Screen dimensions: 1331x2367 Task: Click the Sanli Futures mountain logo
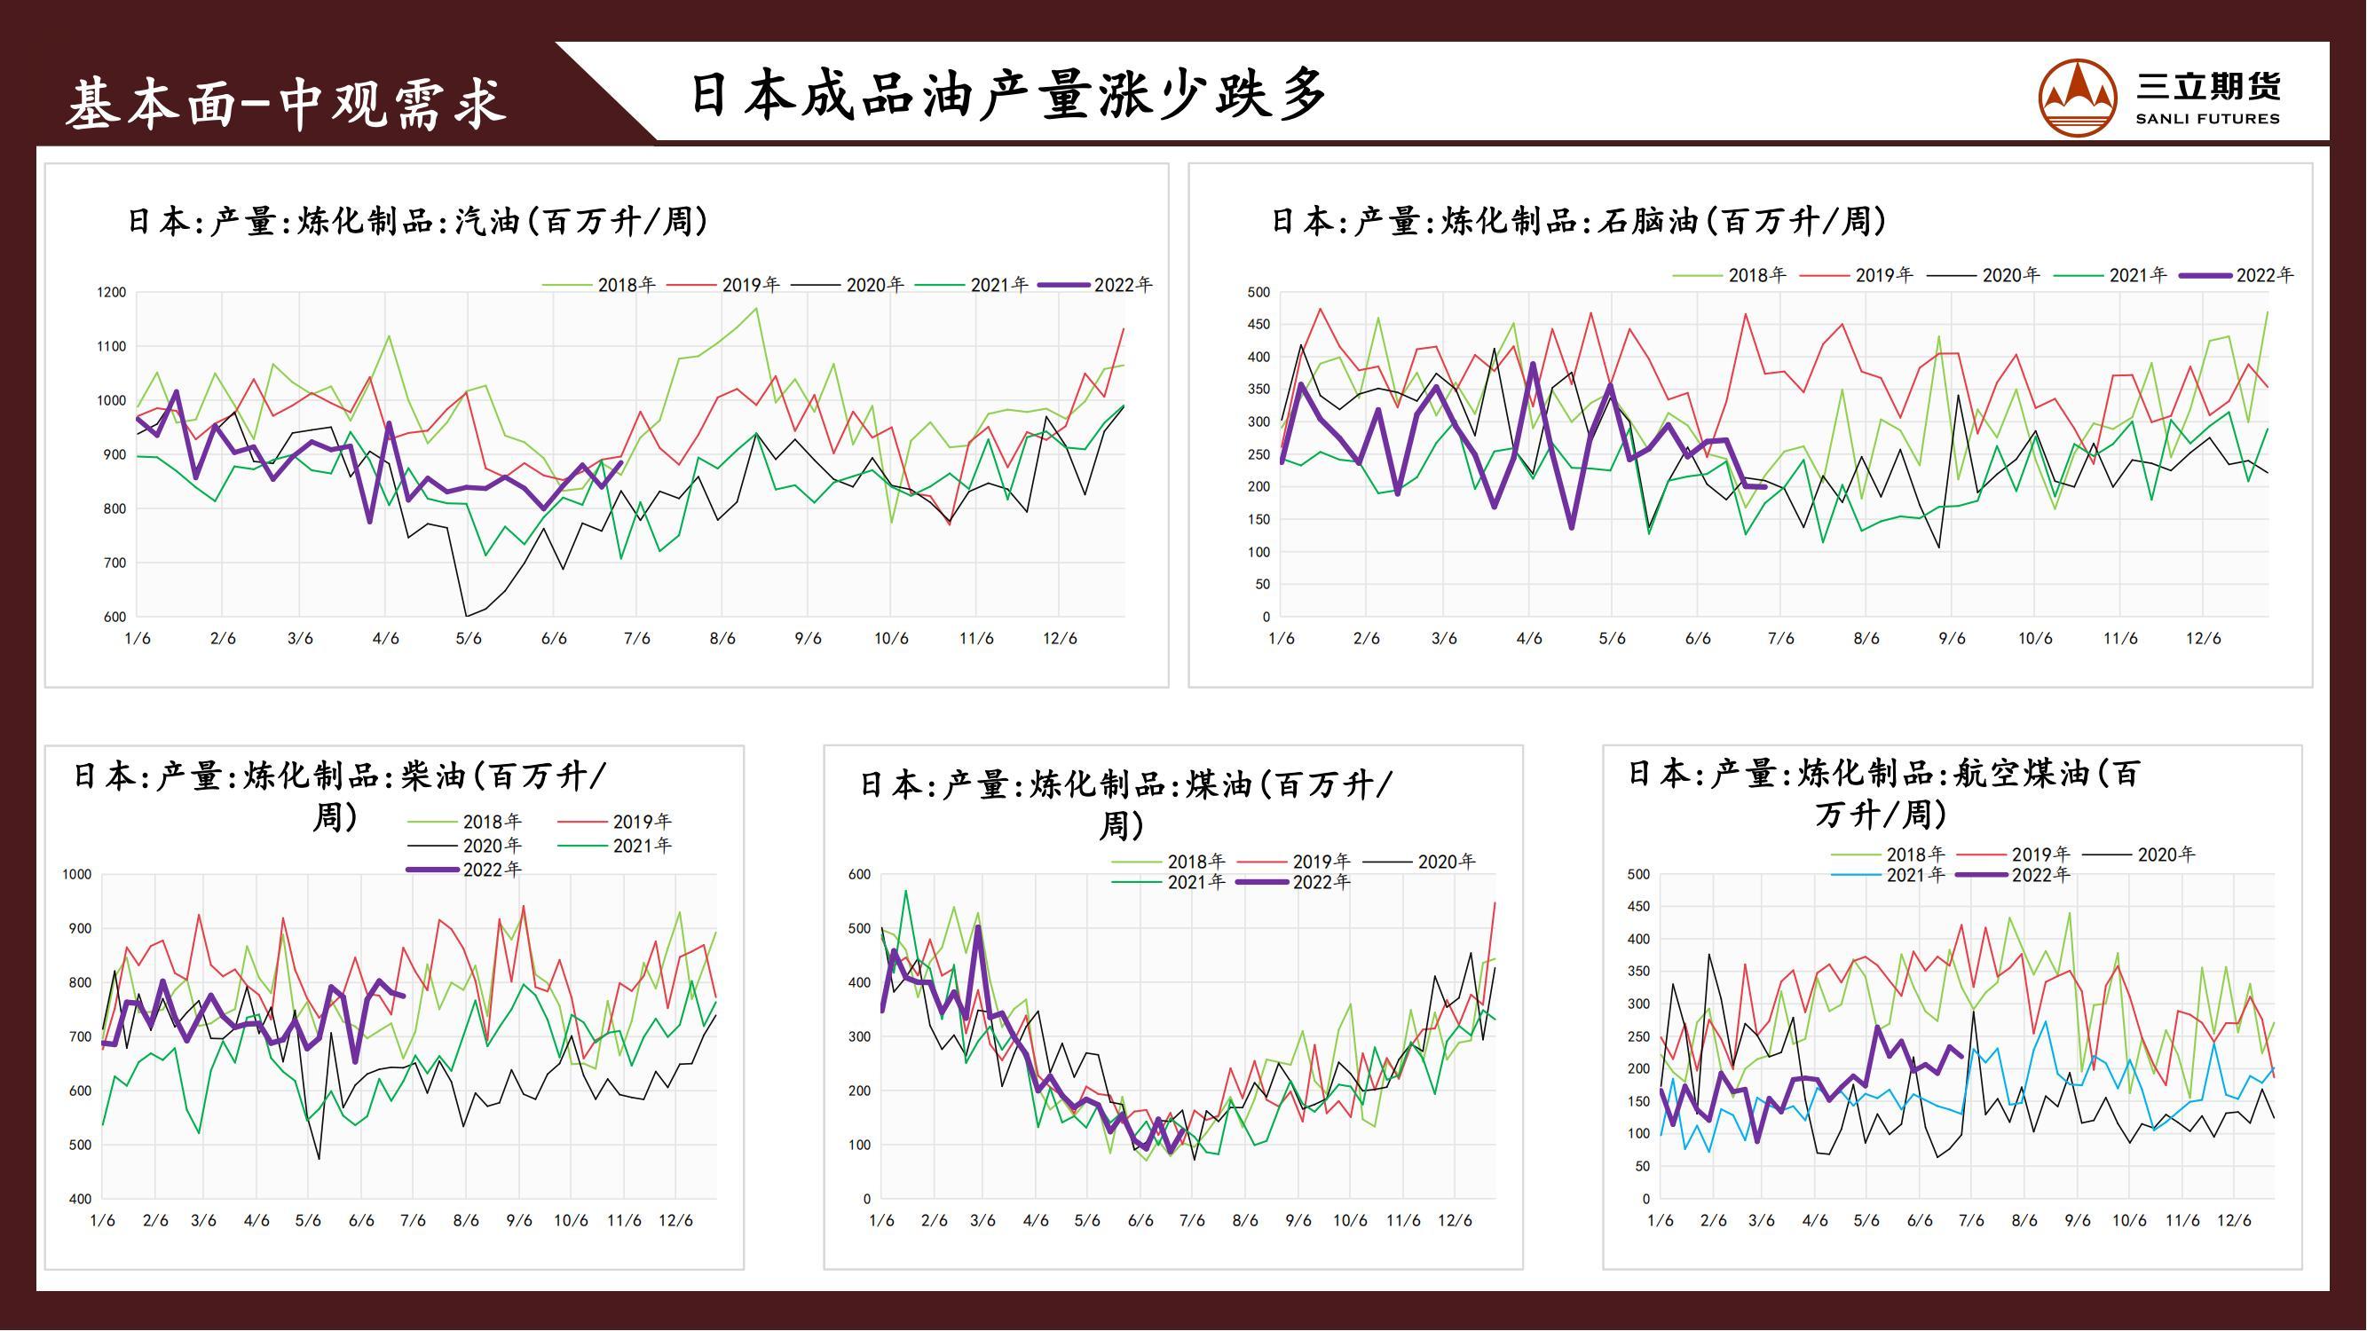[x=2079, y=98]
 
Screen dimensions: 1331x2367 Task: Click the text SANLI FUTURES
[x=2207, y=119]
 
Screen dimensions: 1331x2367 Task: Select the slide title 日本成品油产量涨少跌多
[x=1008, y=95]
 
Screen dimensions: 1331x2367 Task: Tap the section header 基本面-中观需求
[x=287, y=103]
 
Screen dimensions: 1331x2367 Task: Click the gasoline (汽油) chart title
[x=418, y=221]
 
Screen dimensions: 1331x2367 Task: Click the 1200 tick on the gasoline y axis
[x=111, y=292]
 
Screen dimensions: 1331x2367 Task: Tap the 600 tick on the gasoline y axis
[x=114, y=618]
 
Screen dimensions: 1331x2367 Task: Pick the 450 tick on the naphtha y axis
[x=1258, y=324]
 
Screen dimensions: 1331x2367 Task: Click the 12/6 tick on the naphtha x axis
[x=2203, y=638]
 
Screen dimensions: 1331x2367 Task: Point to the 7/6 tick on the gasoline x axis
[x=636, y=638]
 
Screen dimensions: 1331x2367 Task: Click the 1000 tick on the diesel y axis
[x=77, y=875]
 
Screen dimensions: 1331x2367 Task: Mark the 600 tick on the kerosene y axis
[x=859, y=875]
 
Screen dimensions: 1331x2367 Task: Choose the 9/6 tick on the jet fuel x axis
[x=2077, y=1221]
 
